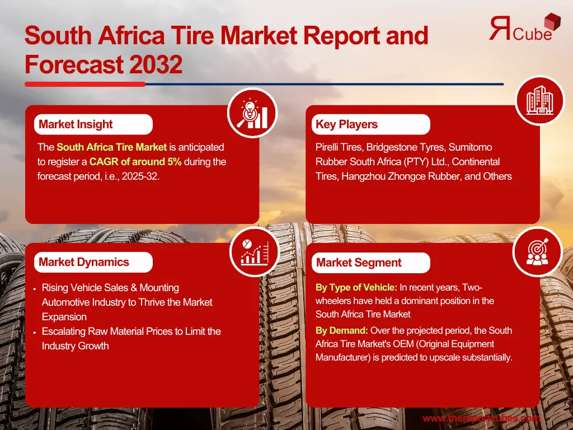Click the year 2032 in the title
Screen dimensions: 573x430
[x=156, y=64]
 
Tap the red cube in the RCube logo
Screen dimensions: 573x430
[x=552, y=22]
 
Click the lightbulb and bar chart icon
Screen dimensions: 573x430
[x=252, y=113]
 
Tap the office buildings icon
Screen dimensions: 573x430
[x=540, y=100]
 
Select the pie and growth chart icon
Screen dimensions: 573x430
[x=255, y=251]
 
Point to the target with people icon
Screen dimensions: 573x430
[x=537, y=251]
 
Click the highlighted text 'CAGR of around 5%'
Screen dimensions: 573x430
[x=135, y=162]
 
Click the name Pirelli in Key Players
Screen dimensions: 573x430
[x=327, y=147]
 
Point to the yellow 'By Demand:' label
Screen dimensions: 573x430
[x=342, y=330]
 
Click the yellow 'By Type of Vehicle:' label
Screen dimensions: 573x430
[x=356, y=287]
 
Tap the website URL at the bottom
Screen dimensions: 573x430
[x=481, y=418]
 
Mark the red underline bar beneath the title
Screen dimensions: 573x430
[x=85, y=85]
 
